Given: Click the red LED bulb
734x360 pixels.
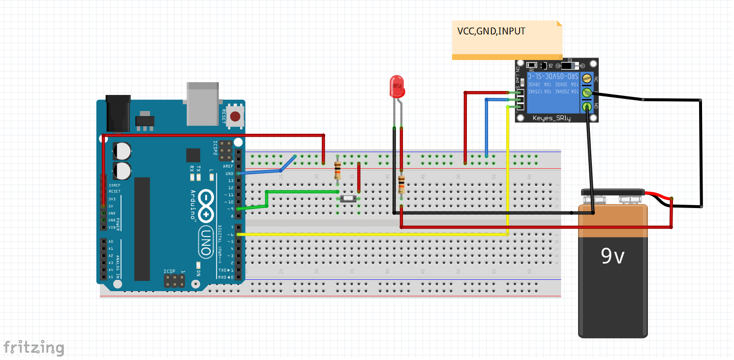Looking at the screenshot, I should click(x=397, y=87).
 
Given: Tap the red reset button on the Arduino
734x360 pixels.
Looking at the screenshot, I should click(x=236, y=117).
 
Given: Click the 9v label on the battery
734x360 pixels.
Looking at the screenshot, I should click(x=612, y=255).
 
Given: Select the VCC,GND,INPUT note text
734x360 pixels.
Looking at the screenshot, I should click(x=491, y=31).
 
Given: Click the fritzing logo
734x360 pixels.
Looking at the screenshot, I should click(x=33, y=347).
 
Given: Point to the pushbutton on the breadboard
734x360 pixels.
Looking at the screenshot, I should click(x=348, y=198).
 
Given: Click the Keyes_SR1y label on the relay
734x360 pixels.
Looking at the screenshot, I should click(x=551, y=118).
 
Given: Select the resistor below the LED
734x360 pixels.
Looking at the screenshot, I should click(x=401, y=185).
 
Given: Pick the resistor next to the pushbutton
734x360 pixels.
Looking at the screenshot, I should click(x=337, y=170).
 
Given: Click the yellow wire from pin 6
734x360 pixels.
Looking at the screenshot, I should click(x=374, y=235).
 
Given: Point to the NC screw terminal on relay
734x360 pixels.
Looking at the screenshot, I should click(x=586, y=78).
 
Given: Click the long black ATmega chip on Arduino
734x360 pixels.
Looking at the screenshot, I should click(x=142, y=229).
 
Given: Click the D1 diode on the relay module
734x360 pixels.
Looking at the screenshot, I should click(x=568, y=65).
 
